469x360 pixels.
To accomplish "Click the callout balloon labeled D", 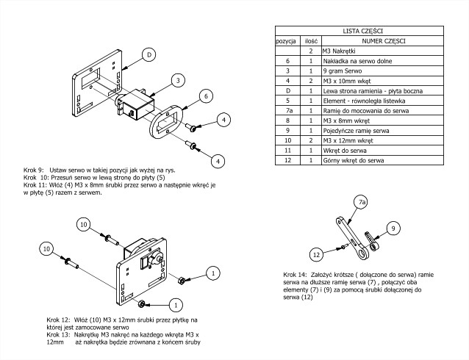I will click(x=149, y=55).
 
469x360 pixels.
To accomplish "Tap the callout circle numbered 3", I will click(x=177, y=79).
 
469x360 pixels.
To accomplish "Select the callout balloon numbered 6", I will click(x=206, y=96).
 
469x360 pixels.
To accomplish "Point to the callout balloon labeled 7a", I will click(x=362, y=201).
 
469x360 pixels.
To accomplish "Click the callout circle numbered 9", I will click(x=393, y=228).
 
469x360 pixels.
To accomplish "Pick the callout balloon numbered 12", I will click(x=316, y=254).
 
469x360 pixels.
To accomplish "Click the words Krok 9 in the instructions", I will click(x=34, y=169).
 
